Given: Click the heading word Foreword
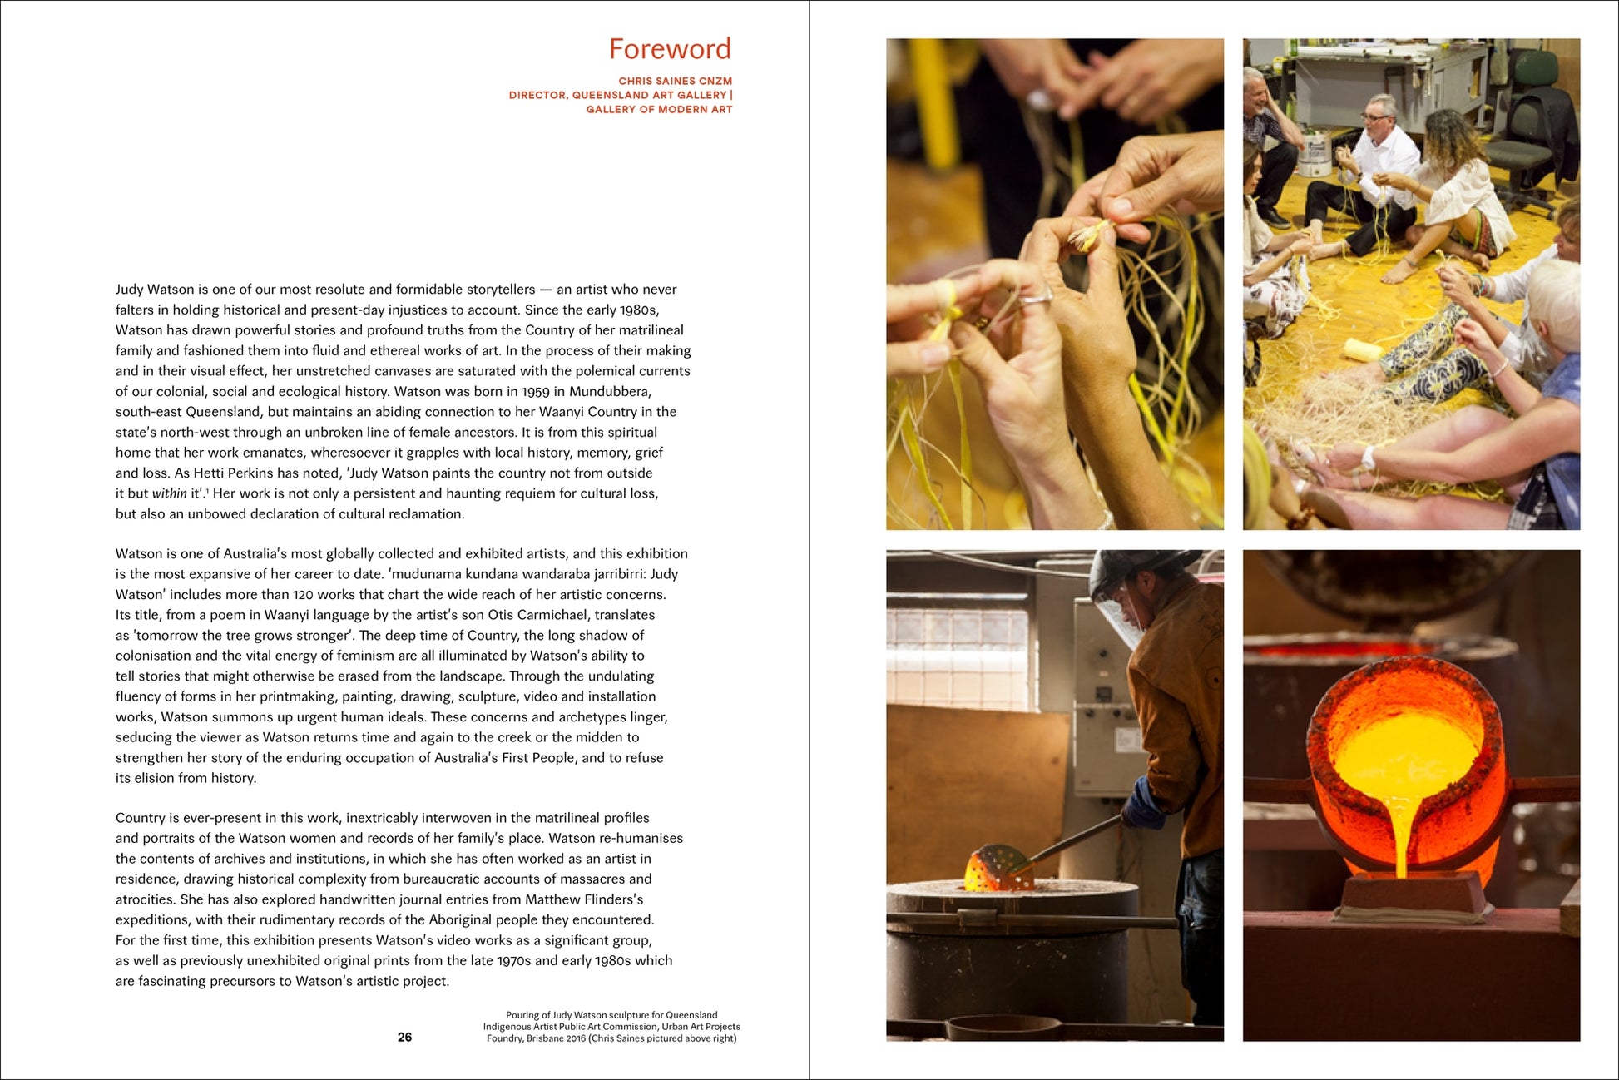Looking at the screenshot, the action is [x=670, y=48].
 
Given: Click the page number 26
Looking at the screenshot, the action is [x=405, y=1037].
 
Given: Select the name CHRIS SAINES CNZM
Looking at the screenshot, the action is [x=676, y=81].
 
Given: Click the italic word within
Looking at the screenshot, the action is [x=169, y=493].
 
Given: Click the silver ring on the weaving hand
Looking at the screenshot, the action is [x=1036, y=295].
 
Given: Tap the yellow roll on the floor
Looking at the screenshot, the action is [x=1364, y=349].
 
